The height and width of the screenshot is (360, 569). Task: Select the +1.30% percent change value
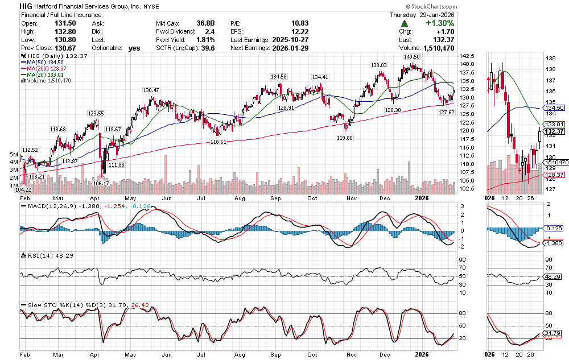(438, 23)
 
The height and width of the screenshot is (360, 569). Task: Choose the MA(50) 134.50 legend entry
(44, 63)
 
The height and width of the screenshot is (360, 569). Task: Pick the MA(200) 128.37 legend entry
(46, 69)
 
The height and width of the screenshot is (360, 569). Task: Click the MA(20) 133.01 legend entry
(44, 75)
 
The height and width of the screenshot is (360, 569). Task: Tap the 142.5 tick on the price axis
(467, 56)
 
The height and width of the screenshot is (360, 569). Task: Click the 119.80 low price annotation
(344, 138)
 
